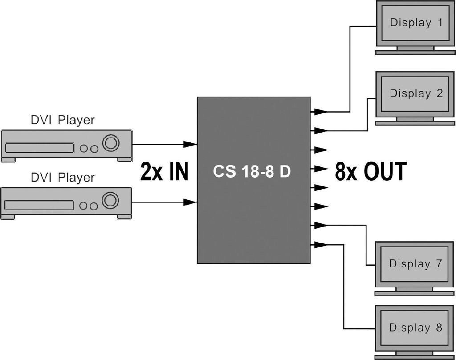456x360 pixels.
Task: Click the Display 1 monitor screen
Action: [x=416, y=23]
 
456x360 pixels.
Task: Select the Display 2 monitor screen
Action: [x=416, y=94]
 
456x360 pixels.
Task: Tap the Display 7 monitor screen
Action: [x=415, y=263]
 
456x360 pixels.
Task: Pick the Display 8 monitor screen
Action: [x=415, y=328]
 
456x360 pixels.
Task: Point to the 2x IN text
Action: [x=164, y=172]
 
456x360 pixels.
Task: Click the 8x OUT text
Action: [x=370, y=172]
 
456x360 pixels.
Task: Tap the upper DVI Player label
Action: [x=62, y=120]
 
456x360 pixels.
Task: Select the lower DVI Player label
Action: [x=62, y=178]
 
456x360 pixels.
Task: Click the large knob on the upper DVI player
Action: [x=110, y=143]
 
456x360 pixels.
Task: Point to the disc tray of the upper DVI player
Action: [x=39, y=148]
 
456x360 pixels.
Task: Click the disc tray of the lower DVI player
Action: [x=39, y=205]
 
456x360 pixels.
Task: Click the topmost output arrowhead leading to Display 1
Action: [x=321, y=112]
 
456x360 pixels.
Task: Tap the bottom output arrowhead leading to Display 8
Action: [x=321, y=244]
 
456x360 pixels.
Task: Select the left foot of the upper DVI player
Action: [x=9, y=159]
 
